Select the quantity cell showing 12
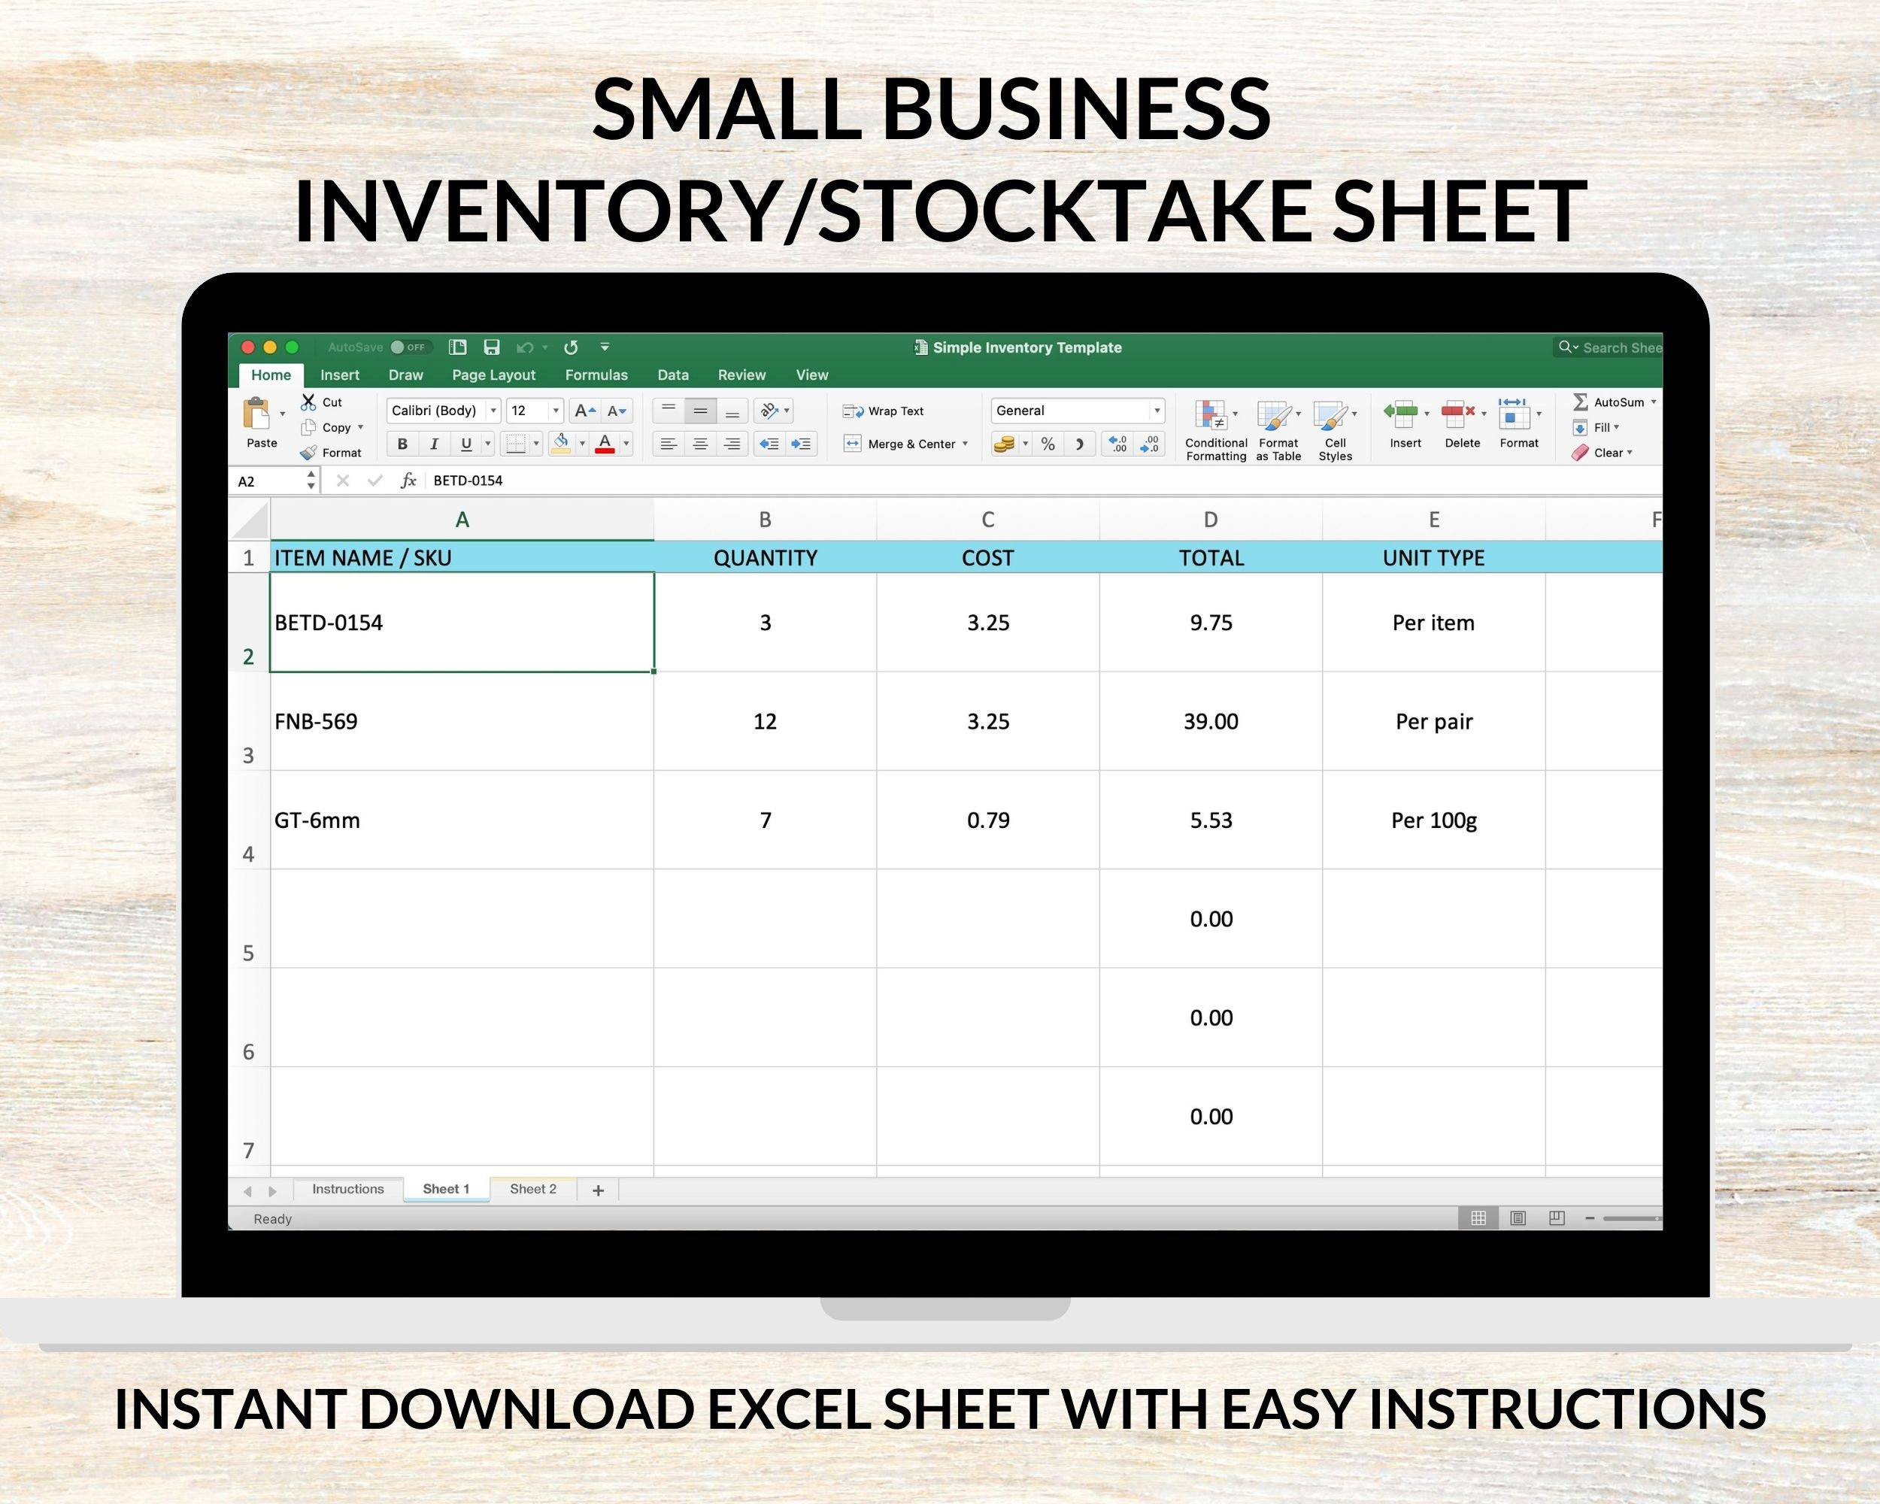(x=765, y=721)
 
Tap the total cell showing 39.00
(x=1210, y=721)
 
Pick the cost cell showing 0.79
(x=988, y=820)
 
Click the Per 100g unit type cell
(x=1433, y=820)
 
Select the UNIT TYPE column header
(x=1433, y=557)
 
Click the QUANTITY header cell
(x=765, y=557)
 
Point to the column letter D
(x=1210, y=520)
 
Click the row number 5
(x=248, y=952)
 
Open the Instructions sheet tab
(x=348, y=1189)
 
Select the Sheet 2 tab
(x=532, y=1189)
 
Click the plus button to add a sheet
(x=598, y=1190)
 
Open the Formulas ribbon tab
(x=596, y=375)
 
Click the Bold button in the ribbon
(x=402, y=444)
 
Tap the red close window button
(x=247, y=347)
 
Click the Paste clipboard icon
(x=257, y=415)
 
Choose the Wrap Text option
(x=884, y=411)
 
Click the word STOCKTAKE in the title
(x=1068, y=211)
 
